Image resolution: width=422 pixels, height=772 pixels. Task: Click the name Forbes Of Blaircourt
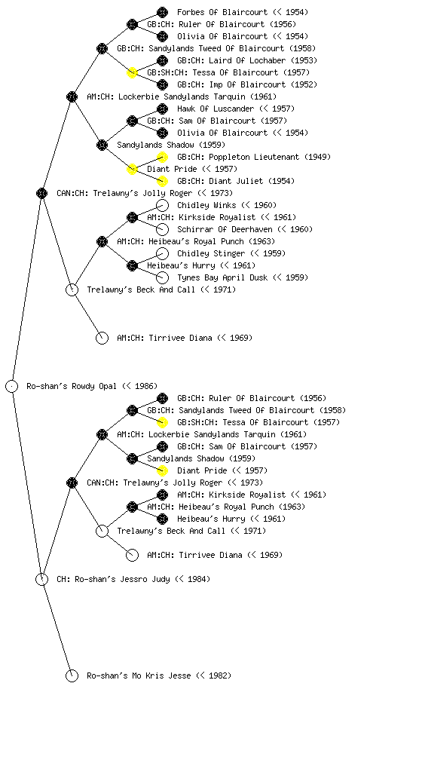222,12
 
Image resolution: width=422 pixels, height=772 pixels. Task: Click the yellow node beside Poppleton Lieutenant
162,157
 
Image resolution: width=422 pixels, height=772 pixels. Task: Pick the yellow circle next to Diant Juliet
162,181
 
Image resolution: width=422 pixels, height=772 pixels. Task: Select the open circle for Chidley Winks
162,205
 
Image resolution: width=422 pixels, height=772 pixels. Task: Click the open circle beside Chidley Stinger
162,253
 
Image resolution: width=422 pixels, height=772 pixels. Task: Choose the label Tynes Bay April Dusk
222,277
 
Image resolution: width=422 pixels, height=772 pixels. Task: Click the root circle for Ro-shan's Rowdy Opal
12,386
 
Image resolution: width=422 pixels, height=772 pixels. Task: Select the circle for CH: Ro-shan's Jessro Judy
41,579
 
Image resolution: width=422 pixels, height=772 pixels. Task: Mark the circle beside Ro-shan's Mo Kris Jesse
72,675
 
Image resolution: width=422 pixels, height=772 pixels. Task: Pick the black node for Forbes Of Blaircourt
162,12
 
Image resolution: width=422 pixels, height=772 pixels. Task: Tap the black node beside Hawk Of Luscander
162,109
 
